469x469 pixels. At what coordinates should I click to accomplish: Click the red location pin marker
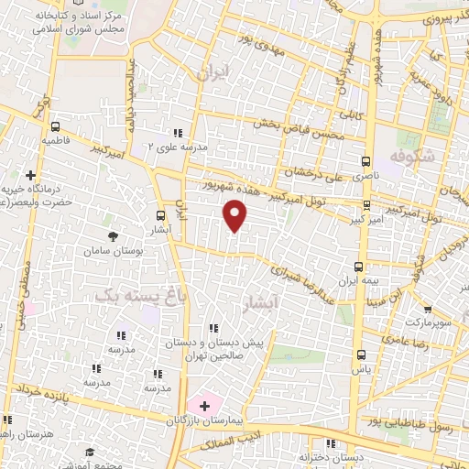coord(235,215)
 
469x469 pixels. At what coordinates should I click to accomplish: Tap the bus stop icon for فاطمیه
coord(57,127)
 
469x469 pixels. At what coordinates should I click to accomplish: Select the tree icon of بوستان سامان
coord(113,237)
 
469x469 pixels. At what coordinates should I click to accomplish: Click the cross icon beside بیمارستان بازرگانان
coord(203,404)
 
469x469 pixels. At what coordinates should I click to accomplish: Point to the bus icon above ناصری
coord(366,157)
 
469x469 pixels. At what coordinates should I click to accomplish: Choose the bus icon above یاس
coord(361,354)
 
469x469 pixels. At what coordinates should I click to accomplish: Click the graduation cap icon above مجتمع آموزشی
coord(90,453)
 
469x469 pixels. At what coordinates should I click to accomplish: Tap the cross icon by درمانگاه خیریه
coord(31,174)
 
